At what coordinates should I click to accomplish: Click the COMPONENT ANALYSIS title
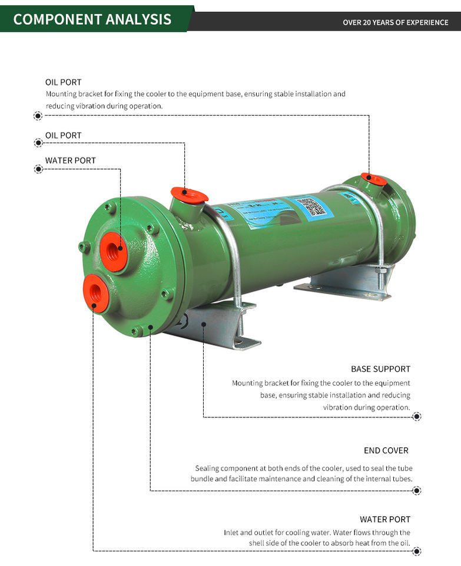click(92, 19)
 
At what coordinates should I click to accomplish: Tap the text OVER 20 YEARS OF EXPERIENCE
click(395, 22)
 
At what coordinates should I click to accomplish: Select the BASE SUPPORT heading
click(380, 369)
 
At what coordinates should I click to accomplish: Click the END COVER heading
click(386, 450)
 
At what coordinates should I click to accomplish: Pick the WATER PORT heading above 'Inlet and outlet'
click(385, 519)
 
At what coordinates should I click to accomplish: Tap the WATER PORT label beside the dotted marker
click(70, 160)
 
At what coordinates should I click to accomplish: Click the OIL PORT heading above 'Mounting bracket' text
click(63, 82)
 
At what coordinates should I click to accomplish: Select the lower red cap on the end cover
click(95, 292)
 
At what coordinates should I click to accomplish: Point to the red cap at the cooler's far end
click(374, 179)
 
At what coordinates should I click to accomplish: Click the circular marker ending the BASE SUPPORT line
click(417, 417)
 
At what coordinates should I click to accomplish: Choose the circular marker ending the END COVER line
click(417, 491)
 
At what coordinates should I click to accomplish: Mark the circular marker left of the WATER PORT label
click(38, 169)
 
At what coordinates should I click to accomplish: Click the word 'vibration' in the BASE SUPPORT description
click(340, 407)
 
